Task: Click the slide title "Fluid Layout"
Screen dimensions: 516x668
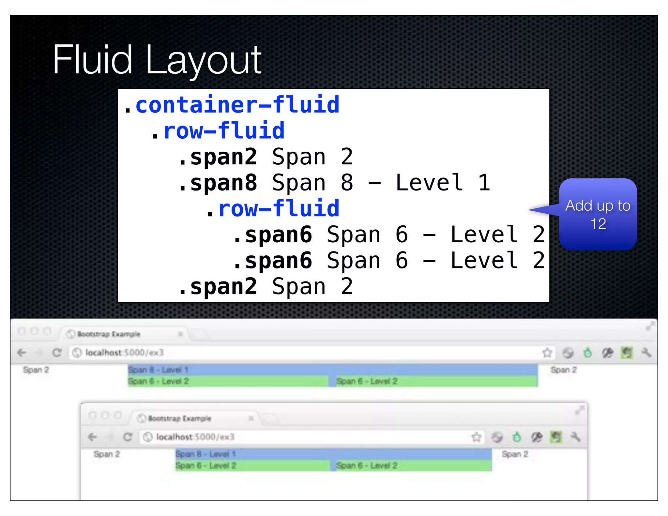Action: (157, 60)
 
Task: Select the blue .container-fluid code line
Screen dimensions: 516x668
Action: (232, 105)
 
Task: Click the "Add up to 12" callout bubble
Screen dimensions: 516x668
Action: (598, 214)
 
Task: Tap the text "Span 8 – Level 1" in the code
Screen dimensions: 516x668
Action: (381, 183)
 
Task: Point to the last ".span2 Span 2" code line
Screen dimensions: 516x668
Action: (266, 287)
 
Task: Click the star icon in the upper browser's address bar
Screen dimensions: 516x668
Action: (547, 353)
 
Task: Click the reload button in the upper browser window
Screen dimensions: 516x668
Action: (57, 353)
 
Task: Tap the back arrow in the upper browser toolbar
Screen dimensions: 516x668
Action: (22, 353)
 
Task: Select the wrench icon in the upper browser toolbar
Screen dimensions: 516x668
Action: (646, 353)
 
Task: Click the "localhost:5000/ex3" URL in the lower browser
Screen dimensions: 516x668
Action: (195, 437)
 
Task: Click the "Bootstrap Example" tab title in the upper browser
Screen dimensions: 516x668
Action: (109, 334)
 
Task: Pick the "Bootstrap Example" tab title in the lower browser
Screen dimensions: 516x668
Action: (179, 418)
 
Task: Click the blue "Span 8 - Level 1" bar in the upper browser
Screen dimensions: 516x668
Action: (332, 370)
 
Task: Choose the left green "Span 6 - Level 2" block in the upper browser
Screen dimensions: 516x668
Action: (228, 381)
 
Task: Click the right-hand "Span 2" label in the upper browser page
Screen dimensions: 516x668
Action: (563, 370)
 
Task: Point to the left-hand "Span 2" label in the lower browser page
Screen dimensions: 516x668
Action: (107, 454)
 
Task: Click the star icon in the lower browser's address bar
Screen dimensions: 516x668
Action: (476, 437)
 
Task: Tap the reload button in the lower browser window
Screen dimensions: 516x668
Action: (128, 437)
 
